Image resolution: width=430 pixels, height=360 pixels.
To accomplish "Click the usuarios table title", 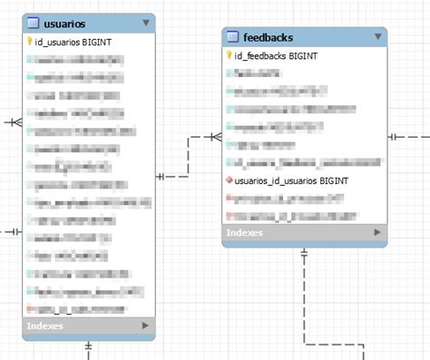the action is (x=65, y=23).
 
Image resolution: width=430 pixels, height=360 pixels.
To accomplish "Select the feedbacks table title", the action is (x=269, y=37).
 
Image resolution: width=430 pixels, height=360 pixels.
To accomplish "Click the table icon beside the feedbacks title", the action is (x=232, y=37).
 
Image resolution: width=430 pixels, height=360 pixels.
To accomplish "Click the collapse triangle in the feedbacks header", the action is (x=377, y=37).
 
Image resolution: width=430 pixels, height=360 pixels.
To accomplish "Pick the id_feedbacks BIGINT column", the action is (x=276, y=56).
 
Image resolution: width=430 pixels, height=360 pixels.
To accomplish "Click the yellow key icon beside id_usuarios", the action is (x=29, y=42).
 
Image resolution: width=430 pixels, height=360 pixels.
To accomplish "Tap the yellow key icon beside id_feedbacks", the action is (x=229, y=56).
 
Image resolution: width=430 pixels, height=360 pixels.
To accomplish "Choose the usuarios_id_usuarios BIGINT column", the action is (x=290, y=181).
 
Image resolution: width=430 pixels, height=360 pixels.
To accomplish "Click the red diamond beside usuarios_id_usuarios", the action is (x=229, y=181).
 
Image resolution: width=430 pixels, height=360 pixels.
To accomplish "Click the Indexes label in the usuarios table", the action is (x=45, y=325).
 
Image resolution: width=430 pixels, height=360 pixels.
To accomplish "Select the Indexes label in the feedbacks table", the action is (x=245, y=233).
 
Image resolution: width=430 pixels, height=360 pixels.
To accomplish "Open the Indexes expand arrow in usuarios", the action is (x=145, y=325).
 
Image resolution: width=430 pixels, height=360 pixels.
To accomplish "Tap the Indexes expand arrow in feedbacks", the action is (x=377, y=233).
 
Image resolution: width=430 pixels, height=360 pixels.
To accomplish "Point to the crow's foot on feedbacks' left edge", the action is (x=215, y=137).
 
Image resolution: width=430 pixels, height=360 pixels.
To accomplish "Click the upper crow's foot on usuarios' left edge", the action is (x=15, y=121).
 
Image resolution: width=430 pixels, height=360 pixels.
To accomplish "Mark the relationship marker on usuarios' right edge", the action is (x=161, y=176).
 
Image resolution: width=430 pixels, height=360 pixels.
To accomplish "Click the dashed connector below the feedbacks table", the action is (x=305, y=299).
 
